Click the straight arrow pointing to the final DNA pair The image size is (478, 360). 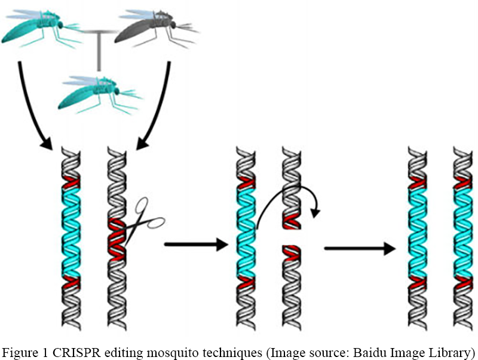358,248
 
